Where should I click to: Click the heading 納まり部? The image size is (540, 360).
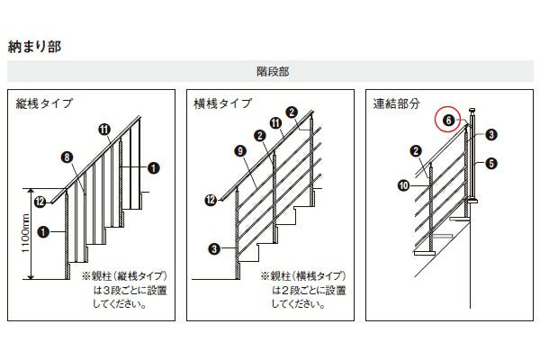coord(34,47)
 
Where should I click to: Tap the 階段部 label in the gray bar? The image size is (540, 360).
coord(273,71)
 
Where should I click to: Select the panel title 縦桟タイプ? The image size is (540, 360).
coord(44,103)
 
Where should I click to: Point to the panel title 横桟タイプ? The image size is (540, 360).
coord(223,103)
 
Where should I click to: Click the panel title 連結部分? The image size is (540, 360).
coord(396,103)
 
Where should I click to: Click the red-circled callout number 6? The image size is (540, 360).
coord(447,120)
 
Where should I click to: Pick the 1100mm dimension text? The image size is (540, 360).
coord(26,233)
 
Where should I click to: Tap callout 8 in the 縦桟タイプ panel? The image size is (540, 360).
coord(67,157)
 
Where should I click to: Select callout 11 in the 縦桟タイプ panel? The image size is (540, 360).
coord(104,130)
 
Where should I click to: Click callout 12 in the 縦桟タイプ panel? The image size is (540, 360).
coord(40,202)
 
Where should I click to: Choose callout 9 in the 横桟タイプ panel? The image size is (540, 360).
coord(240,150)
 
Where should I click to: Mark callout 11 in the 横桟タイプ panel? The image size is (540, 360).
coord(275,123)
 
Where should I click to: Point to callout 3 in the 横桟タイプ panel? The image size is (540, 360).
coord(214,248)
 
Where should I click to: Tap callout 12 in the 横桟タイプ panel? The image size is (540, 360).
coord(211,200)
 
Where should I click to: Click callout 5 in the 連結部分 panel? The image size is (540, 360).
coord(491,163)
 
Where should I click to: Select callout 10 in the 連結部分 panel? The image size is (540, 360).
coord(403,185)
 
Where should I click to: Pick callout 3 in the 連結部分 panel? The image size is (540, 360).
coord(491,134)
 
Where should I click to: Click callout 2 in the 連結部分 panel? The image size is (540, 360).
coord(416,150)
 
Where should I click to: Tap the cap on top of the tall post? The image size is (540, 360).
coord(472,111)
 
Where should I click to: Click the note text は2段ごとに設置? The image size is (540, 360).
coord(309,290)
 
